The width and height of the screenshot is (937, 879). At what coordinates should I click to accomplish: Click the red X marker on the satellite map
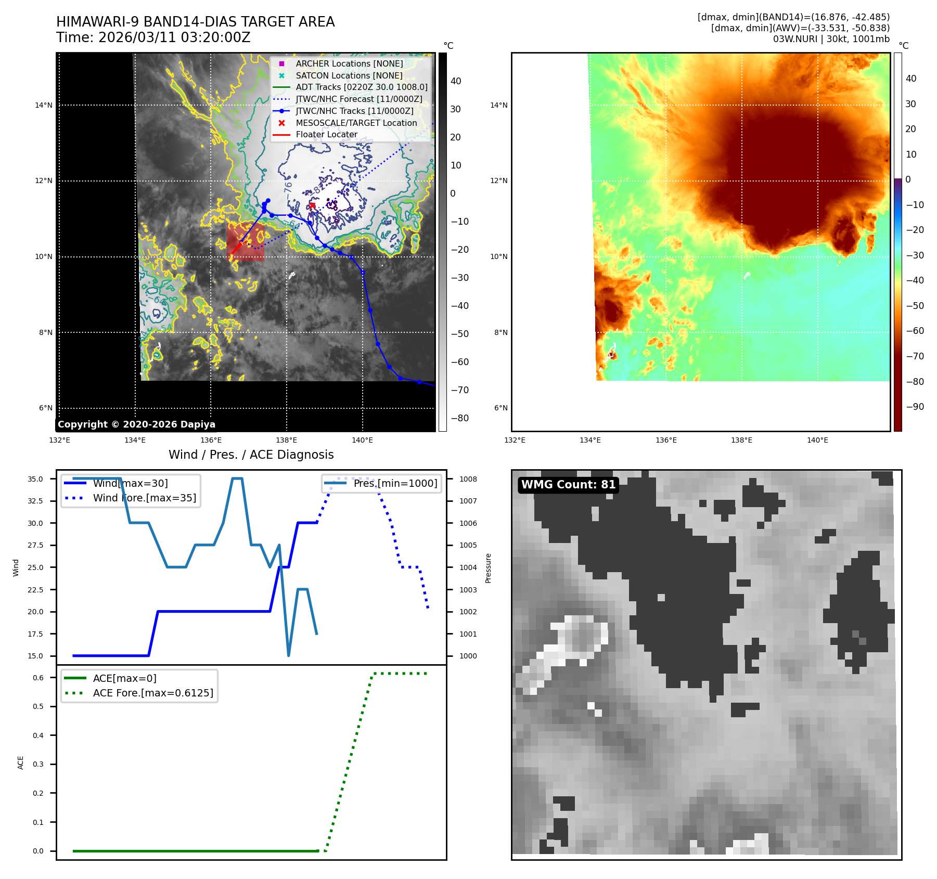click(312, 206)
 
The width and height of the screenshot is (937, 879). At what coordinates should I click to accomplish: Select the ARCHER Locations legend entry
click(349, 63)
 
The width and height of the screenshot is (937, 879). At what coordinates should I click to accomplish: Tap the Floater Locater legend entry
click(326, 134)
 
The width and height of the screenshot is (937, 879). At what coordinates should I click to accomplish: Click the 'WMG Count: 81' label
click(568, 485)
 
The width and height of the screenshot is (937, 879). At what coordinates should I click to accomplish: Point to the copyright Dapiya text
click(136, 424)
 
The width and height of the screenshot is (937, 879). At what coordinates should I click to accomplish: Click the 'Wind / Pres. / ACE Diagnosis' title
click(251, 455)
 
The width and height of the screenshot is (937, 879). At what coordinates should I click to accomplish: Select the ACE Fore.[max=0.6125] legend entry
click(152, 693)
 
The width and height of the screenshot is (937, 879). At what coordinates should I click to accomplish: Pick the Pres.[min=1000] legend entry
click(395, 483)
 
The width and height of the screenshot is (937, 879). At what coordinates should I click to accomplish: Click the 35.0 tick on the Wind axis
click(35, 479)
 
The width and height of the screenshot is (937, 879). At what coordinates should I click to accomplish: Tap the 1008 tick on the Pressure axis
click(468, 479)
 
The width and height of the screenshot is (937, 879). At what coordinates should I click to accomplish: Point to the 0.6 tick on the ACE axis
click(38, 678)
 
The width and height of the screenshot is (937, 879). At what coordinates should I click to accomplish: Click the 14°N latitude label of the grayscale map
click(44, 105)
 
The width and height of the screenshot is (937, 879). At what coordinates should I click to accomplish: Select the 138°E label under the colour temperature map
click(741, 440)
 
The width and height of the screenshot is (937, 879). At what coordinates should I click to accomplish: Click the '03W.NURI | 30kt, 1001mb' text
click(831, 39)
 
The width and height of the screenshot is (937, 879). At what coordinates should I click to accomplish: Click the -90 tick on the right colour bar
click(915, 407)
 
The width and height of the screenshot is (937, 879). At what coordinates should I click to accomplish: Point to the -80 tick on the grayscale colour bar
click(459, 418)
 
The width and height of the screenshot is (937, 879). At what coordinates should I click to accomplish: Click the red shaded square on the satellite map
click(246, 242)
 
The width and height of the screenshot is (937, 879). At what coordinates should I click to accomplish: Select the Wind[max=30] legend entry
click(130, 483)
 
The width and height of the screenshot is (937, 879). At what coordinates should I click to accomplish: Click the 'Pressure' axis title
click(488, 568)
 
